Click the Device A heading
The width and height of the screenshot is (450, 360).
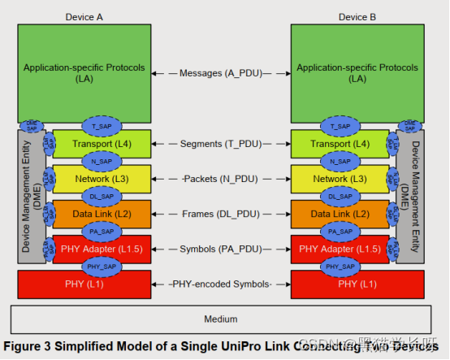coord(84,16)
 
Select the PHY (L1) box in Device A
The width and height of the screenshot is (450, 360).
coord(84,284)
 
